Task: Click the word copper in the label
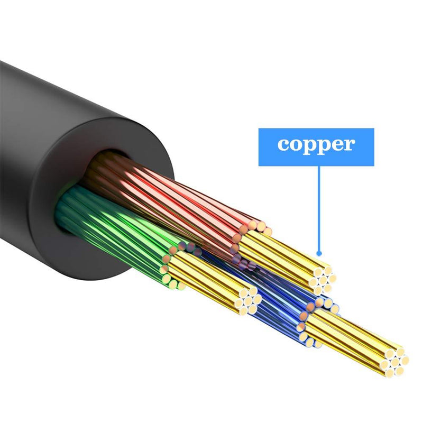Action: (x=316, y=145)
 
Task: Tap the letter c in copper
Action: (x=283, y=144)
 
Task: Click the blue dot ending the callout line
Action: (x=319, y=254)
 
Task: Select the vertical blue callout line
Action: (x=319, y=208)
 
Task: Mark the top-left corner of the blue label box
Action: (x=259, y=128)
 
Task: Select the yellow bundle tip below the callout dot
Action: (x=323, y=281)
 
